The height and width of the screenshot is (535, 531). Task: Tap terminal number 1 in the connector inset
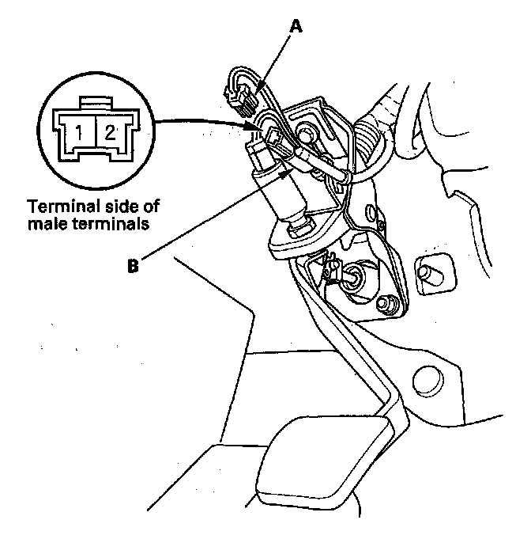pyautogui.click(x=80, y=131)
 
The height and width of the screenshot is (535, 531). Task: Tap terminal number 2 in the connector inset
pyautogui.click(x=110, y=131)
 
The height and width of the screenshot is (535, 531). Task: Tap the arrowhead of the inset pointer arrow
pyautogui.click(x=254, y=125)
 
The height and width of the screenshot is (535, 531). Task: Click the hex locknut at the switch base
pyautogui.click(x=299, y=230)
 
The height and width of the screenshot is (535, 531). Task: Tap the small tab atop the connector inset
pyautogui.click(x=94, y=100)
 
